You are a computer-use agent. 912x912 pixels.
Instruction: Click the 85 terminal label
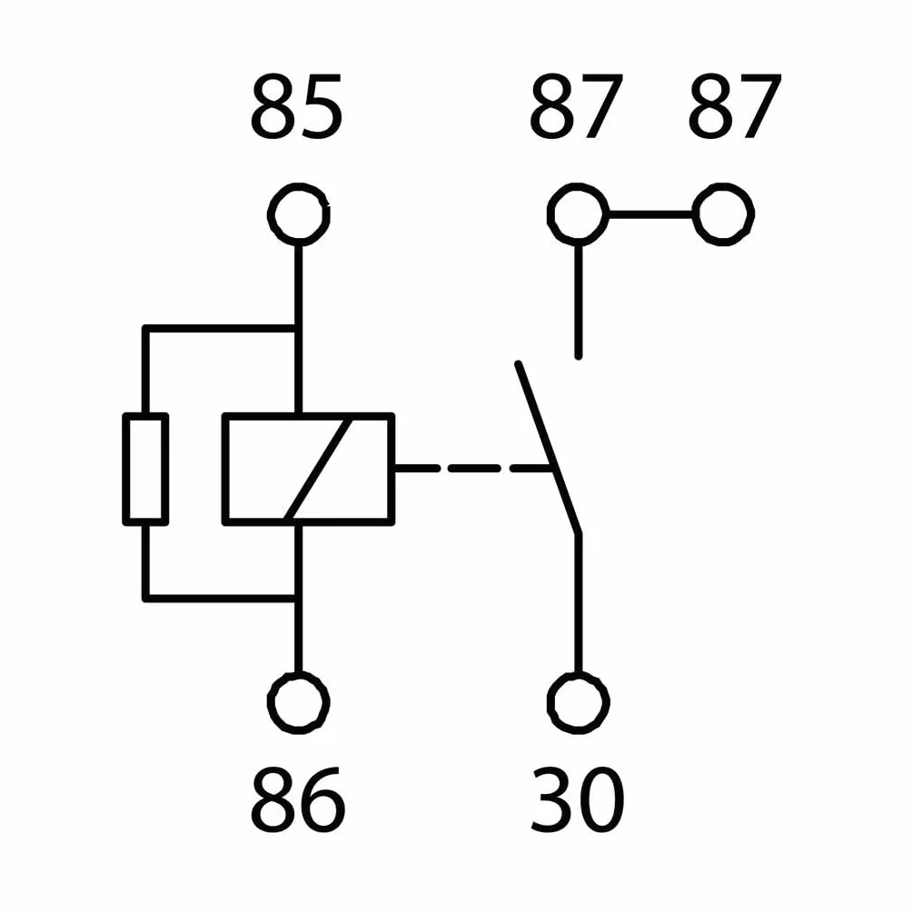296,107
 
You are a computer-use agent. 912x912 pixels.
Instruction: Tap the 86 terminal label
297,798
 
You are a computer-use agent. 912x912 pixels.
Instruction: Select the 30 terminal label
578,798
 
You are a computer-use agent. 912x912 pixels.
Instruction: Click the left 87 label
577,107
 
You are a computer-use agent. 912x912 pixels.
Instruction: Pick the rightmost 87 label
735,107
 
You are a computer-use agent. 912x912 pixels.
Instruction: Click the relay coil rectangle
224,469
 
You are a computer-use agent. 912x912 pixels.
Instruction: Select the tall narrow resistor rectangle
125,469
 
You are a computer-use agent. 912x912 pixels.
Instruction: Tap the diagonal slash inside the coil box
319,469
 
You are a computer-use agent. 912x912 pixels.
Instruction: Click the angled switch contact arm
548,448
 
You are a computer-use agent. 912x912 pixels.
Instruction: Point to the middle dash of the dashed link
473,468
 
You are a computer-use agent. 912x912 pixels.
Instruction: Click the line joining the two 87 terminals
651,214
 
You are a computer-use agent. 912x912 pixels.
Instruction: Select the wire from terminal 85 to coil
298,329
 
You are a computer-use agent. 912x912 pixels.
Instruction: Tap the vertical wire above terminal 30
578,603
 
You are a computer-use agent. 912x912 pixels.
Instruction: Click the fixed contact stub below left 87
578,302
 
